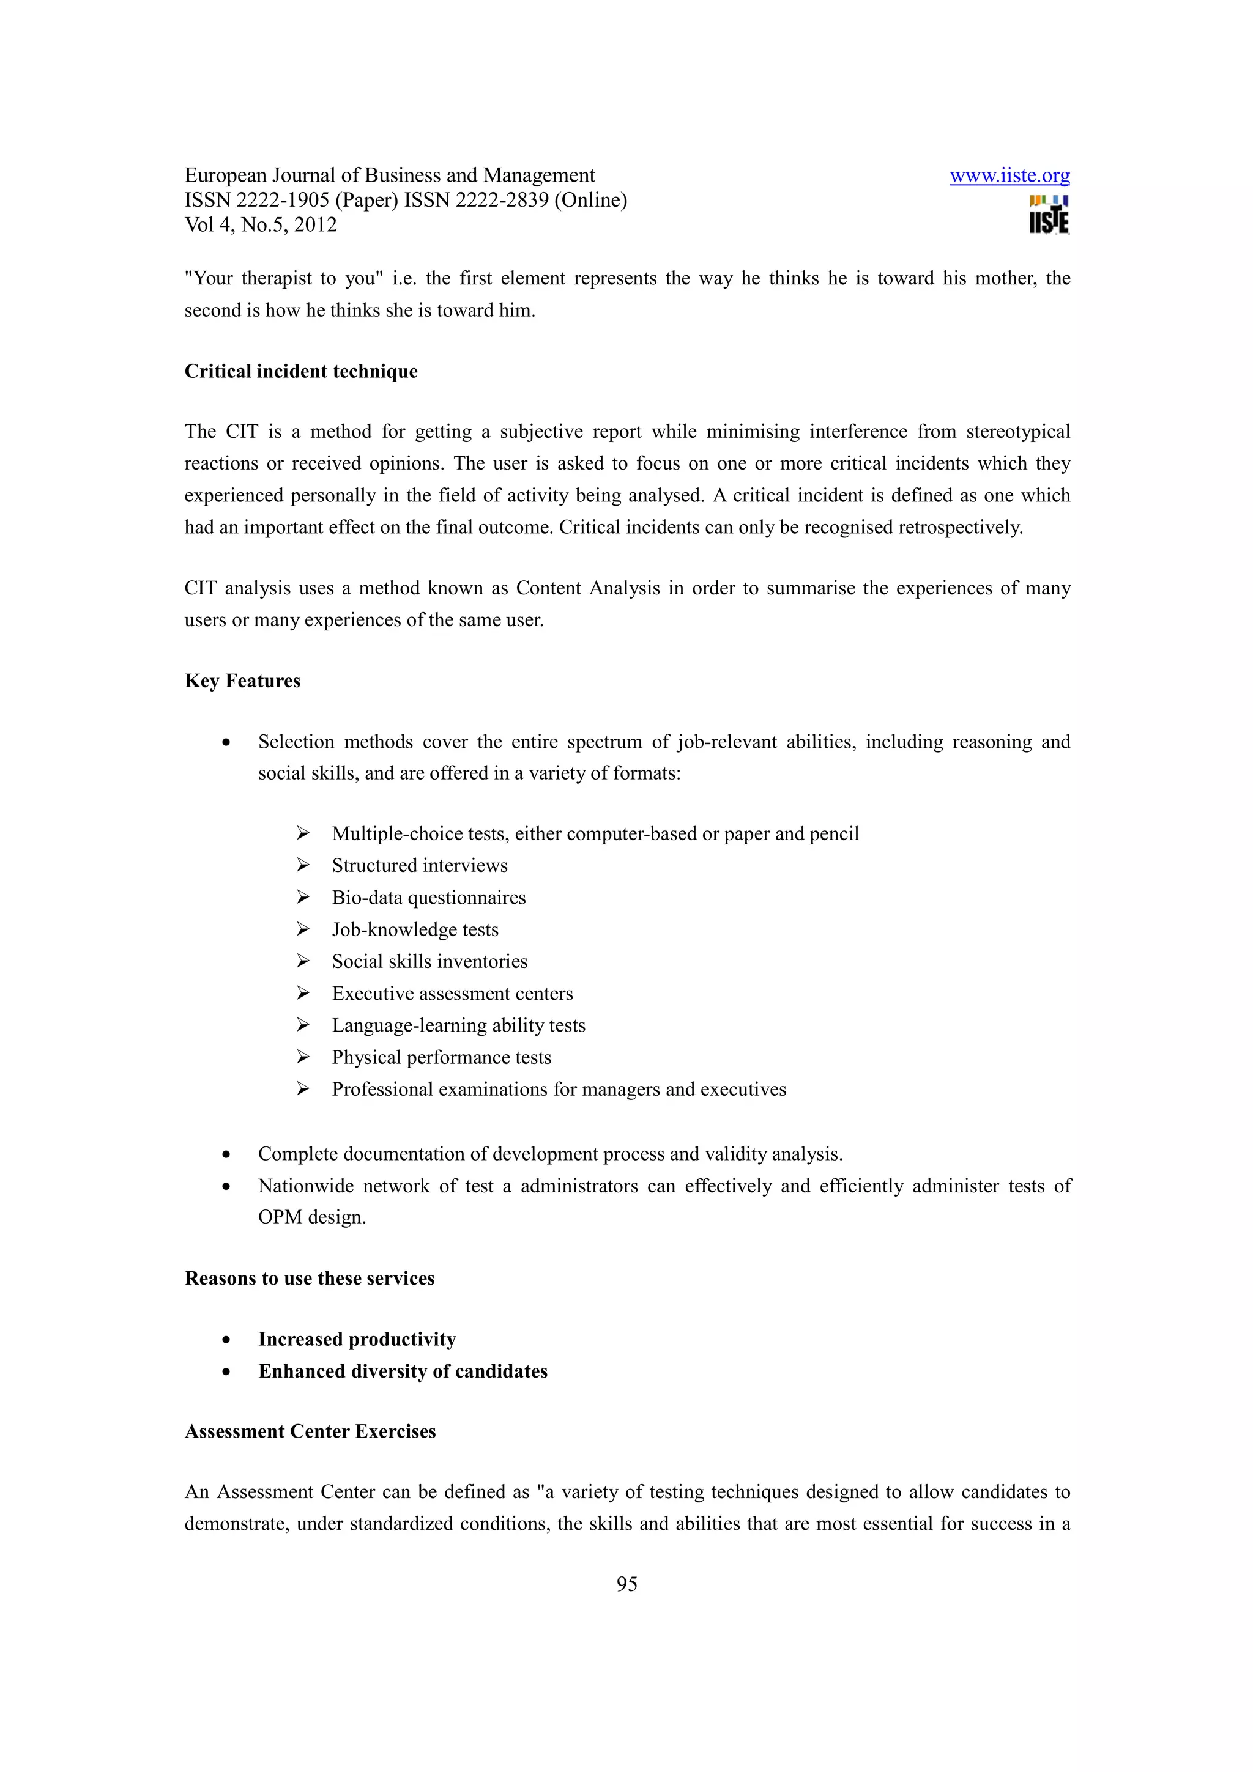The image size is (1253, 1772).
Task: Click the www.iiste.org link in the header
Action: coord(1009,176)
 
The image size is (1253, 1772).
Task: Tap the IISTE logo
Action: coord(1049,215)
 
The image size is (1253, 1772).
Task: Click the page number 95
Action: coord(626,1584)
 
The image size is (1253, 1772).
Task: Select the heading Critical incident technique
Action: coord(301,371)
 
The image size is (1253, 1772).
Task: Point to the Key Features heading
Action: coord(242,681)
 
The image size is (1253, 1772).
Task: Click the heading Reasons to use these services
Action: coord(310,1278)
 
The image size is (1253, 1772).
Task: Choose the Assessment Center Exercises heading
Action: coord(310,1431)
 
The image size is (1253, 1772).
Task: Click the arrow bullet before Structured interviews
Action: coord(303,865)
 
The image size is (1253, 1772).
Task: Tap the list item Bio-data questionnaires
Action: coord(428,898)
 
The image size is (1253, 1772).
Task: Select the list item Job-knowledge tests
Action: coord(415,929)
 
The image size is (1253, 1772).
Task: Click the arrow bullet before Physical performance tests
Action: coord(303,1057)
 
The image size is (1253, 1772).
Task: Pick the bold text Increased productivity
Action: coord(357,1339)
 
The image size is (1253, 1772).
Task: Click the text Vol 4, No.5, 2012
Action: coord(261,226)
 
